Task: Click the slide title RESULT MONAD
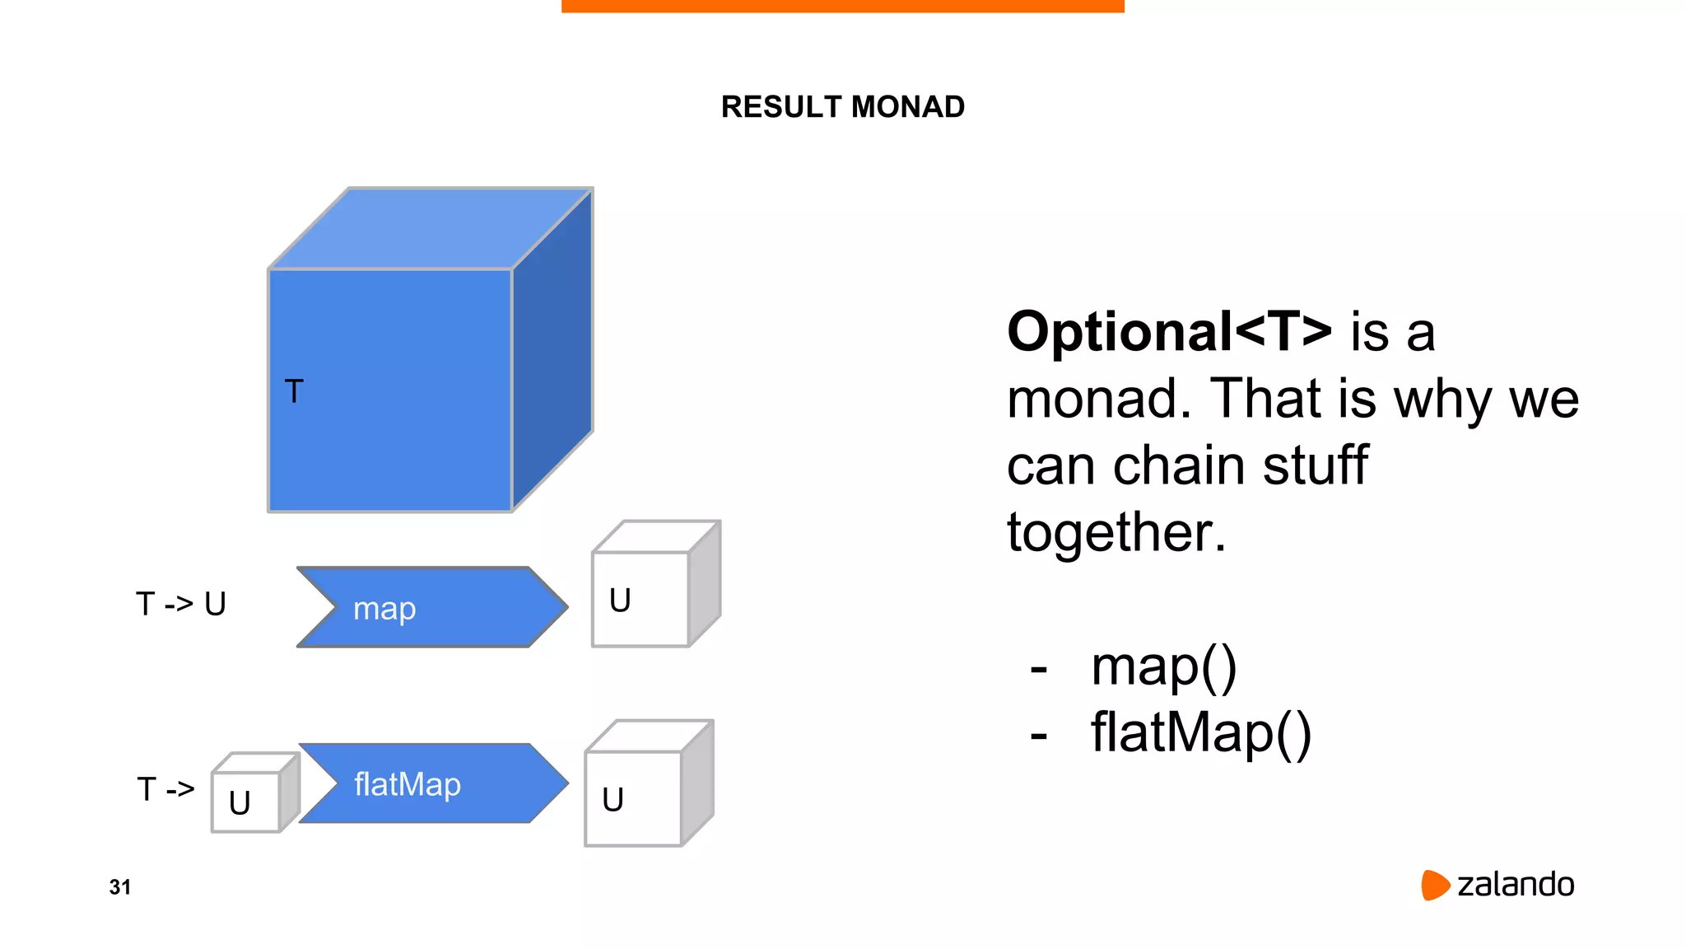pyautogui.click(x=842, y=107)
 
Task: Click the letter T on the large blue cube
pyautogui.click(x=294, y=391)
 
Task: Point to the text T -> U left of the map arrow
pyautogui.click(x=181, y=604)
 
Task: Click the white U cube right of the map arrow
pyautogui.click(x=640, y=600)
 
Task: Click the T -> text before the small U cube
pyautogui.click(x=165, y=789)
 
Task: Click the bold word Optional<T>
pyautogui.click(x=1169, y=332)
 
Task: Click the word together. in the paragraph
pyautogui.click(x=1116, y=532)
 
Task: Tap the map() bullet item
pyautogui.click(x=1163, y=666)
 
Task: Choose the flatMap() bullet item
pyautogui.click(x=1200, y=733)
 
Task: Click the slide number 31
pyautogui.click(x=120, y=887)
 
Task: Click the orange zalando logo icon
pyautogui.click(x=1434, y=885)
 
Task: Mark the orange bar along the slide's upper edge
pyautogui.click(x=842, y=6)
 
